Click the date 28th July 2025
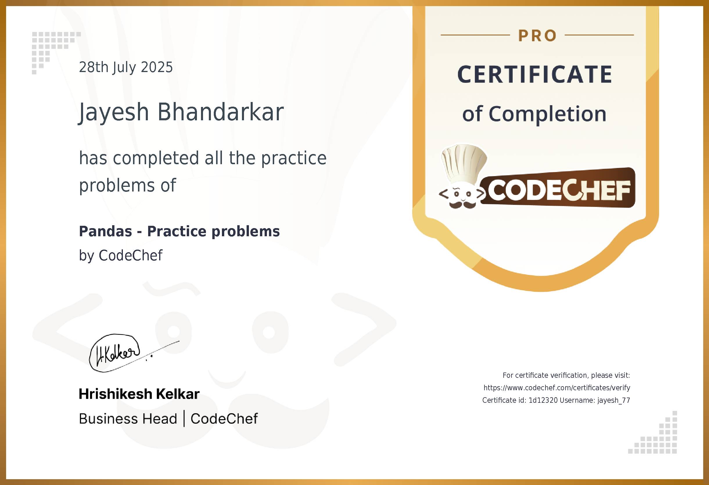(126, 67)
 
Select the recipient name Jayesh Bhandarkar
(181, 112)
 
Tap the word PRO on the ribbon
(537, 36)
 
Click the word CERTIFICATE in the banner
(534, 74)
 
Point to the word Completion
(547, 114)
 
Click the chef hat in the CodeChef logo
(464, 163)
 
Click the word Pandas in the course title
(105, 231)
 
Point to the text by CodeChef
(121, 255)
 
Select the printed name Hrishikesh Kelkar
(139, 394)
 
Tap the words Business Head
(128, 418)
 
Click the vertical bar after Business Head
(184, 418)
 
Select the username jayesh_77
(613, 400)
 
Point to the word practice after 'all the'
(293, 158)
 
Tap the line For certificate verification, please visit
(566, 375)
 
